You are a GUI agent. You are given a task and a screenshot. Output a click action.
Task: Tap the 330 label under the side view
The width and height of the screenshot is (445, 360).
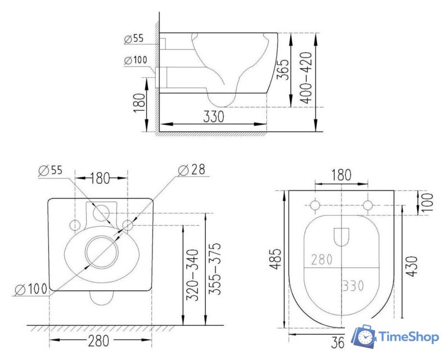(213, 116)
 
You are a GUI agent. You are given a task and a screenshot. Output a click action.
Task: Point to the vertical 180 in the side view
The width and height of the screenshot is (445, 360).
(140, 103)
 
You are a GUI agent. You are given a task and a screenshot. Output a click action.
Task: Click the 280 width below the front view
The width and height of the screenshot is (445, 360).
(100, 341)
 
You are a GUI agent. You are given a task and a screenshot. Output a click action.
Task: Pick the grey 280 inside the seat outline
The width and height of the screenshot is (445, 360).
(321, 259)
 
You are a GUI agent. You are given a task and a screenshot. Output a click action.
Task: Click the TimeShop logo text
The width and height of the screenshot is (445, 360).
(408, 337)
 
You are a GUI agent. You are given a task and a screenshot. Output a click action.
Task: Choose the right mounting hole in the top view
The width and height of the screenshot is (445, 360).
(368, 205)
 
